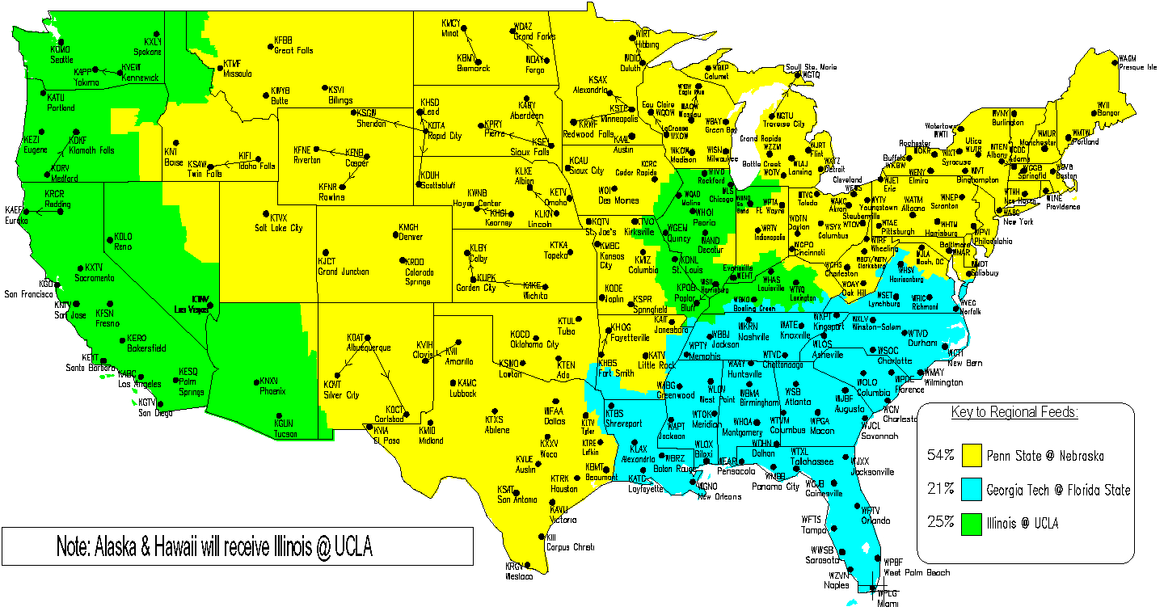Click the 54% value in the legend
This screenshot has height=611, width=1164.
pos(940,455)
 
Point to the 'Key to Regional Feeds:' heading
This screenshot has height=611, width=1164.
pos(1014,413)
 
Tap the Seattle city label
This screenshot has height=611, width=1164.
pos(61,60)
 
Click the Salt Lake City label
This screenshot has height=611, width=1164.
pos(279,228)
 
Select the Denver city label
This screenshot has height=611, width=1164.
pos(410,237)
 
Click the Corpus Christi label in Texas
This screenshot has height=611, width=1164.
pos(570,547)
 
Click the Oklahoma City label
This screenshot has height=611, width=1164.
pos(534,344)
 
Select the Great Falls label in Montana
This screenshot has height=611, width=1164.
pos(293,50)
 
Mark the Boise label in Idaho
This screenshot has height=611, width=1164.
pos(173,162)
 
